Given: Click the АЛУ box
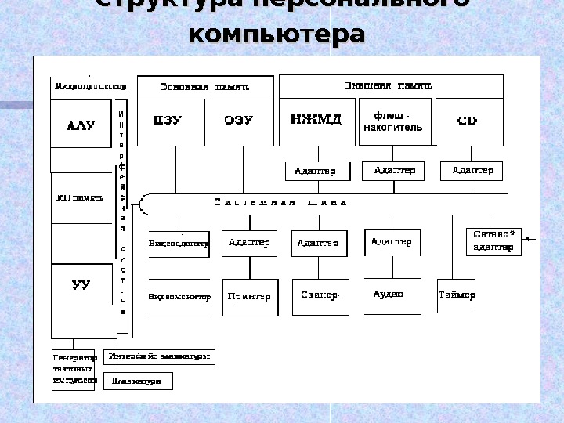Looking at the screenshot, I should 81,124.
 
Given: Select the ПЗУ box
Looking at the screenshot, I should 169,121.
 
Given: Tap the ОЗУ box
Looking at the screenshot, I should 238,121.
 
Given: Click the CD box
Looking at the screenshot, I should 467,121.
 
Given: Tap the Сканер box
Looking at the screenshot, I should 320,296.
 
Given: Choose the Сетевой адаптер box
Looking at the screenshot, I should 493,240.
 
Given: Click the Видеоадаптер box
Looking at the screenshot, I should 179,244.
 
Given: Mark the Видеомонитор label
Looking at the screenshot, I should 179,297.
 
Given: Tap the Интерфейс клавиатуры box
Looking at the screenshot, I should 159,356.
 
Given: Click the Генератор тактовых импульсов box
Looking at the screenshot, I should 74,368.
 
